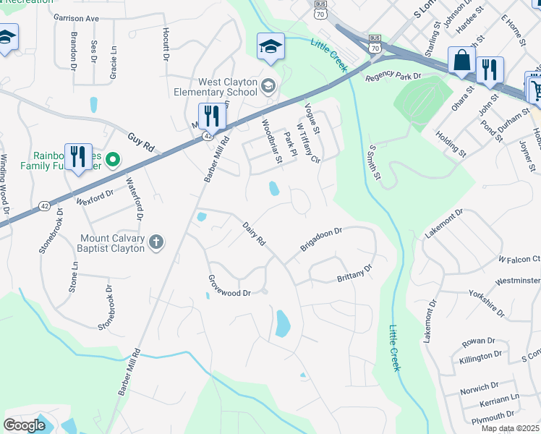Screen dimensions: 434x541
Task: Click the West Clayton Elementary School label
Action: coord(216,87)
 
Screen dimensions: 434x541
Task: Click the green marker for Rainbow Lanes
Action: coord(113,158)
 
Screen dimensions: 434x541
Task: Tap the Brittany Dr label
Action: coord(354,273)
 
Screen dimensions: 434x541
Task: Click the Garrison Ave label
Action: coord(75,18)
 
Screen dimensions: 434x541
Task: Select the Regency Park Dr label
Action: coord(393,77)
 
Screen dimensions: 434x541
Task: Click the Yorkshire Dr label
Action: coord(486,302)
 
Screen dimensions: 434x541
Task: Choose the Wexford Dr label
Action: coord(95,194)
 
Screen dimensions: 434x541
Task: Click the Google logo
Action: coord(24,425)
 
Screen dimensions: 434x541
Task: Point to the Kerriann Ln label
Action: coord(500,399)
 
